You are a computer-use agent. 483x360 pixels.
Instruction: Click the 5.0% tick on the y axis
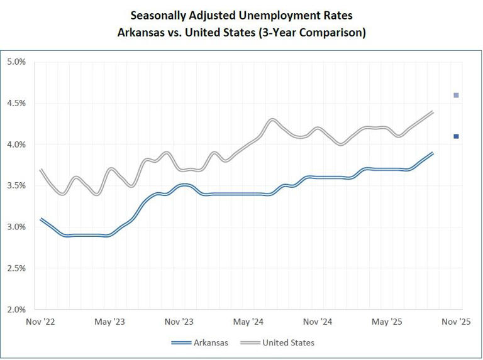click(16, 62)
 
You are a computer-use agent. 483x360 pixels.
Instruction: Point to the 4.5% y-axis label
click(16, 103)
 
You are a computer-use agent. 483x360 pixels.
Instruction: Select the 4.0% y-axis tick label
click(16, 145)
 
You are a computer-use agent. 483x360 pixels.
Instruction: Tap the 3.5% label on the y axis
click(16, 185)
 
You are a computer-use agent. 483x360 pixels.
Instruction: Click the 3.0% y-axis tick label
click(16, 227)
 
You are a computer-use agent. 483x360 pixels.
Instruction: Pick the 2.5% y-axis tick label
click(16, 268)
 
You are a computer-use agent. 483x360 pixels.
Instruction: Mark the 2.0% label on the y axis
click(16, 309)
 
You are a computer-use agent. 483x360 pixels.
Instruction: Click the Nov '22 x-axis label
click(41, 322)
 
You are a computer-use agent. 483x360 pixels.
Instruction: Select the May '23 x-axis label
click(110, 322)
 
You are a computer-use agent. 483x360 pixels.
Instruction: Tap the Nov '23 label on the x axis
click(179, 322)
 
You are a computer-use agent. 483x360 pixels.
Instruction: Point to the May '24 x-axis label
click(248, 322)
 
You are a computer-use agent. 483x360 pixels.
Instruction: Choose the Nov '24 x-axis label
click(318, 322)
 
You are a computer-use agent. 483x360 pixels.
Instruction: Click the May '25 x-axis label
click(387, 322)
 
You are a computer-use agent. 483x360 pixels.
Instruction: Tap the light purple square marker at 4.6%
click(456, 95)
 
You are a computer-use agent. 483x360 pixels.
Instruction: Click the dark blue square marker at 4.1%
click(456, 136)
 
